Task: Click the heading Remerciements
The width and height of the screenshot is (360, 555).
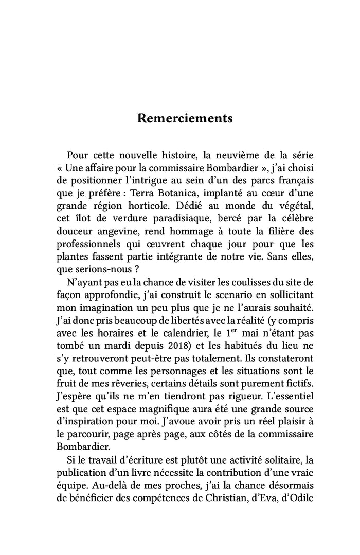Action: [x=185, y=119]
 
